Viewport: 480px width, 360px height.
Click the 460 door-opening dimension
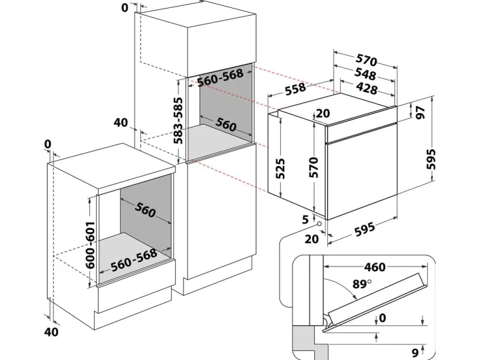coord(375,267)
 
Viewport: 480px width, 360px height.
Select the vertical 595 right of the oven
coord(430,158)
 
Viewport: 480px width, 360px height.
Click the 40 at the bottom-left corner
coord(52,332)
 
